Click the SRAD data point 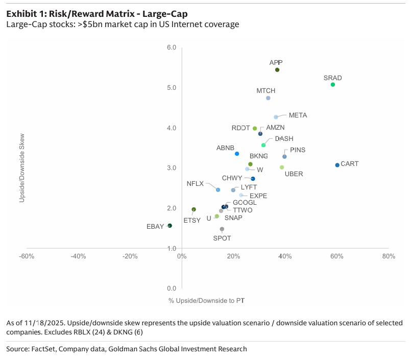point(332,84)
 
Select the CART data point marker point(337,165)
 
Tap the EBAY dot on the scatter point(170,225)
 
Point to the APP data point point(277,70)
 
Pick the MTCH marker point(268,98)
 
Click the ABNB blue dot point(237,154)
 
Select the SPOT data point point(222,229)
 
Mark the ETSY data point point(194,209)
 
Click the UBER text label point(294,174)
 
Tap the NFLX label point(195,183)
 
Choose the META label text point(298,115)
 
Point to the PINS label point(298,150)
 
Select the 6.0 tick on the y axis point(172,47)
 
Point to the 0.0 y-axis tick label point(172,289)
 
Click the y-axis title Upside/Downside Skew point(22,168)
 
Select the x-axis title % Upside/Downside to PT point(206,300)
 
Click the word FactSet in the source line point(46,349)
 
